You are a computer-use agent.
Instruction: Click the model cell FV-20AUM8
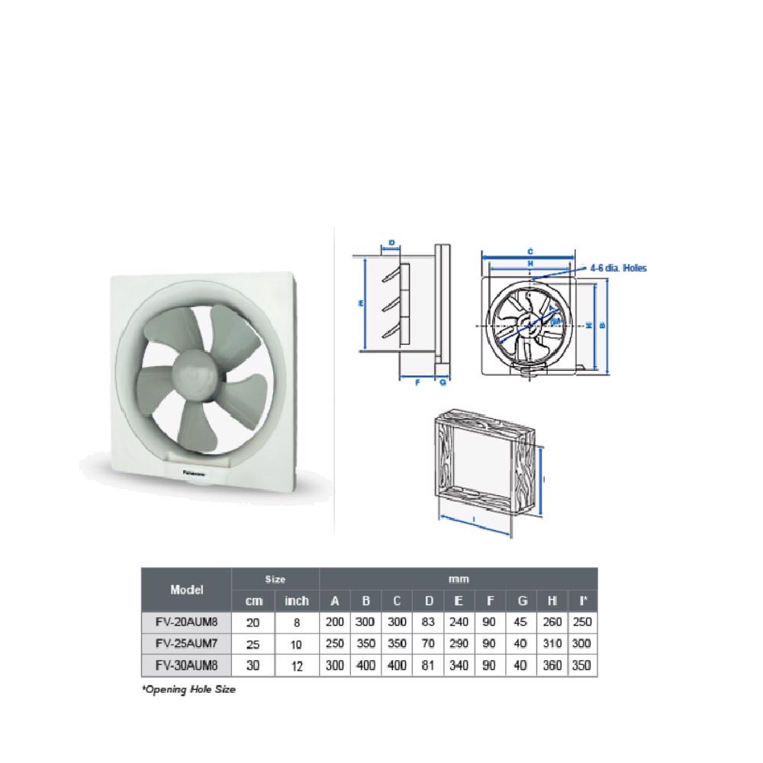pyautogui.click(x=186, y=622)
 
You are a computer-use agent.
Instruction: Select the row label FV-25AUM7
pyautogui.click(x=186, y=643)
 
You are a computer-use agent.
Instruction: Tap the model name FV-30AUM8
pyautogui.click(x=186, y=665)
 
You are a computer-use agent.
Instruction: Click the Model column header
pyautogui.click(x=186, y=590)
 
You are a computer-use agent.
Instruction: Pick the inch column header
pyautogui.click(x=297, y=601)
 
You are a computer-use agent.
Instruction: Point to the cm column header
pyautogui.click(x=253, y=601)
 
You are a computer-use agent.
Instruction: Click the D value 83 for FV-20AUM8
pyautogui.click(x=428, y=622)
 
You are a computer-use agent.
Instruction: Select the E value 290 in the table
pyautogui.click(x=459, y=643)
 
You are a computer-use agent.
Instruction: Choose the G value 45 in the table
pyautogui.click(x=521, y=622)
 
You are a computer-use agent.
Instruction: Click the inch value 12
pyautogui.click(x=297, y=666)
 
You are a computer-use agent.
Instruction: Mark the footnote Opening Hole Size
pyautogui.click(x=188, y=689)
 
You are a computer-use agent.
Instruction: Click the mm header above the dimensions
pyautogui.click(x=458, y=579)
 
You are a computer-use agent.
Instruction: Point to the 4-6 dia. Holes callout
pyautogui.click(x=617, y=268)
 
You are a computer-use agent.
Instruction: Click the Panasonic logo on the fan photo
pyautogui.click(x=198, y=473)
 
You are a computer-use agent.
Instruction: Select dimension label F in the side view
pyautogui.click(x=417, y=382)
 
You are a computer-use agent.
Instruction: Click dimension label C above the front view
pyautogui.click(x=530, y=251)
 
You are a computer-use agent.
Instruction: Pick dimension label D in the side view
pyautogui.click(x=391, y=243)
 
